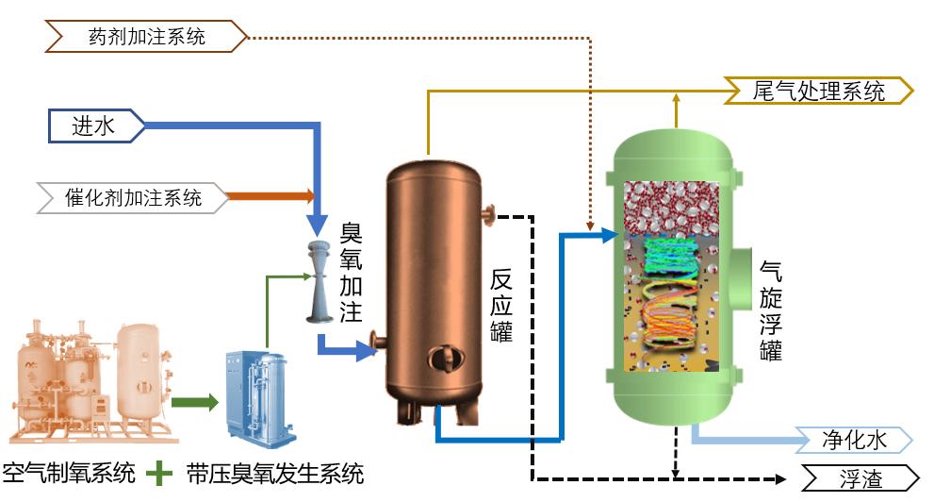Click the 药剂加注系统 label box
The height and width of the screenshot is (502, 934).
tap(146, 38)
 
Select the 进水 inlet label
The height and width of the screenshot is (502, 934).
tap(95, 126)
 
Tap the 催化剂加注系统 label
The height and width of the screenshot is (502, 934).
tap(133, 198)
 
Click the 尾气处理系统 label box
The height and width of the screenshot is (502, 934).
tap(818, 92)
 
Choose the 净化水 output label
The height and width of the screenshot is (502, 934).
tap(854, 441)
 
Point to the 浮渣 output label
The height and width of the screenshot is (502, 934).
tap(859, 478)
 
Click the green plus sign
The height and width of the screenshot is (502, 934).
tap(162, 471)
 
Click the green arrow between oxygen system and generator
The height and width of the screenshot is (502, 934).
tap(194, 404)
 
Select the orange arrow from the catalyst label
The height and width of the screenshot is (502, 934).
tap(272, 196)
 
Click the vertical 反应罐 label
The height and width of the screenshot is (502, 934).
tap(501, 305)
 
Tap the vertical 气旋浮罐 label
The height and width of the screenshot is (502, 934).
tap(770, 311)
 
